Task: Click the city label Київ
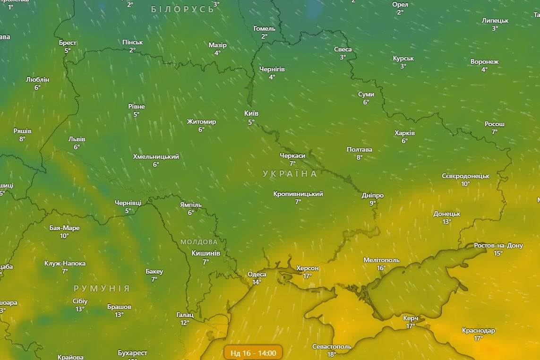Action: pyautogui.click(x=251, y=113)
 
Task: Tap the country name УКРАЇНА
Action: pyautogui.click(x=290, y=174)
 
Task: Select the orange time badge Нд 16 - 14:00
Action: pyautogui.click(x=253, y=352)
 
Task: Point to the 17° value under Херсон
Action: pyautogui.click(x=307, y=276)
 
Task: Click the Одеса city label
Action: pyautogui.click(x=257, y=274)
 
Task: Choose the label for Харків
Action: pyautogui.click(x=404, y=133)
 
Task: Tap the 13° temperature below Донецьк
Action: pyautogui.click(x=446, y=222)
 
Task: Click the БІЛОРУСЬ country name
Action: pyautogui.click(x=182, y=9)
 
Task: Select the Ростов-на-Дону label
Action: pyautogui.click(x=498, y=246)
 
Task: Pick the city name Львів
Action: pyautogui.click(x=77, y=139)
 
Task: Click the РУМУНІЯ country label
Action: pyautogui.click(x=102, y=288)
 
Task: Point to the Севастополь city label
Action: pyautogui.click(x=332, y=346)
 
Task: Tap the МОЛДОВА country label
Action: pyautogui.click(x=199, y=242)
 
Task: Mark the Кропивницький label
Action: pyautogui.click(x=298, y=194)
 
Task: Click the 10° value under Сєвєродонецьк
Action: pyautogui.click(x=465, y=184)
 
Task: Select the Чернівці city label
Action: pyautogui.click(x=128, y=203)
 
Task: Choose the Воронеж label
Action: pyautogui.click(x=484, y=61)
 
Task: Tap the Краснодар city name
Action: pyautogui.click(x=479, y=330)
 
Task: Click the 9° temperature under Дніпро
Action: pyautogui.click(x=372, y=203)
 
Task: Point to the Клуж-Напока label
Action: pyautogui.click(x=65, y=263)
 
